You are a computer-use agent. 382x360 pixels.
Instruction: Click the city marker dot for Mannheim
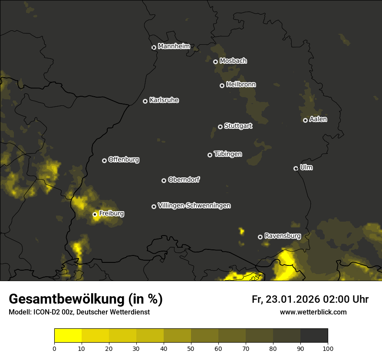154,47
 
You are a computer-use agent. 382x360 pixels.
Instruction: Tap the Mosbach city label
233,61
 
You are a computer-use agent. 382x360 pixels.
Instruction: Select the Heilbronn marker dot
222,85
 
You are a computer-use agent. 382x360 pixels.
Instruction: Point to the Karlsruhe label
164,100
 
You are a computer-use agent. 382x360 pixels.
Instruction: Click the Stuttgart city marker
220,127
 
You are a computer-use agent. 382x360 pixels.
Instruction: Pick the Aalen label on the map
318,119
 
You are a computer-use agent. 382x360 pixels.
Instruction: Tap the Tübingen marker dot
210,155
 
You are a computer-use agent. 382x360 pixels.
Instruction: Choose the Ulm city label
306,167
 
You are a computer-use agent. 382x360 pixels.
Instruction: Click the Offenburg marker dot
104,160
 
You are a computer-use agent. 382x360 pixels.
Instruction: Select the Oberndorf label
184,180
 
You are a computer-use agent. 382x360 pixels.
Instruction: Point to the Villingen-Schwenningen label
194,206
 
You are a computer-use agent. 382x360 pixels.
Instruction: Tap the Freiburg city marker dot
95,214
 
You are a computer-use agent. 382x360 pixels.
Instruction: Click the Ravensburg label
283,236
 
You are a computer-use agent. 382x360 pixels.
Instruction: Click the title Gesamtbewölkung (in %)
86,299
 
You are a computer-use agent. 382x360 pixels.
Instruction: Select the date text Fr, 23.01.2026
286,299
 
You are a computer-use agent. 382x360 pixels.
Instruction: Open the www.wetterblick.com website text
313,312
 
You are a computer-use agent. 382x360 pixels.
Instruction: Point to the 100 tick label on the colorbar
328,348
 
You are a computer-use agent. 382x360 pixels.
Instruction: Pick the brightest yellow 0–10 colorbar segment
68,335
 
